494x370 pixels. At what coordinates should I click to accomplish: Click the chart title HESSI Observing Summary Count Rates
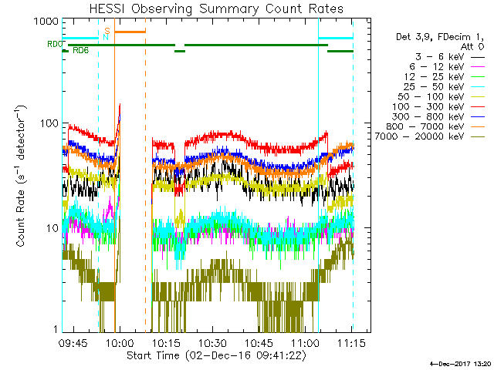[x=215, y=8]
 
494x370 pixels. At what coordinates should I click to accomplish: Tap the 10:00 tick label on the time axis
[x=119, y=342]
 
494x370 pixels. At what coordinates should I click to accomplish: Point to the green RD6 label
[x=80, y=51]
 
